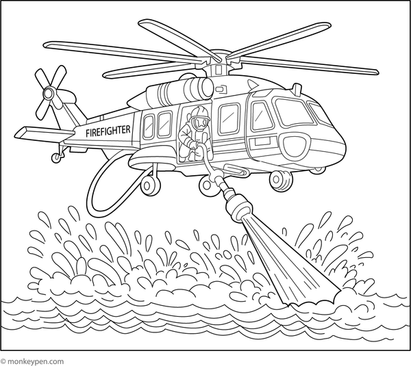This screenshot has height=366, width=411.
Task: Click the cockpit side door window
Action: pos(262,116)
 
